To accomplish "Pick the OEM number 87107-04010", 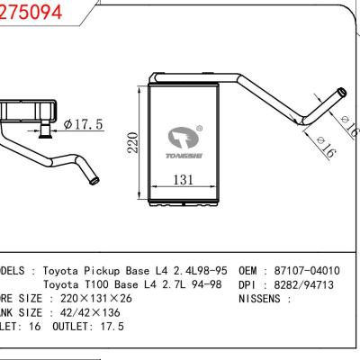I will (x=309, y=270).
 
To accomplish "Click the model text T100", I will (x=111, y=284).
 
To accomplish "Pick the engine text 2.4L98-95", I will (x=200, y=270).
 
